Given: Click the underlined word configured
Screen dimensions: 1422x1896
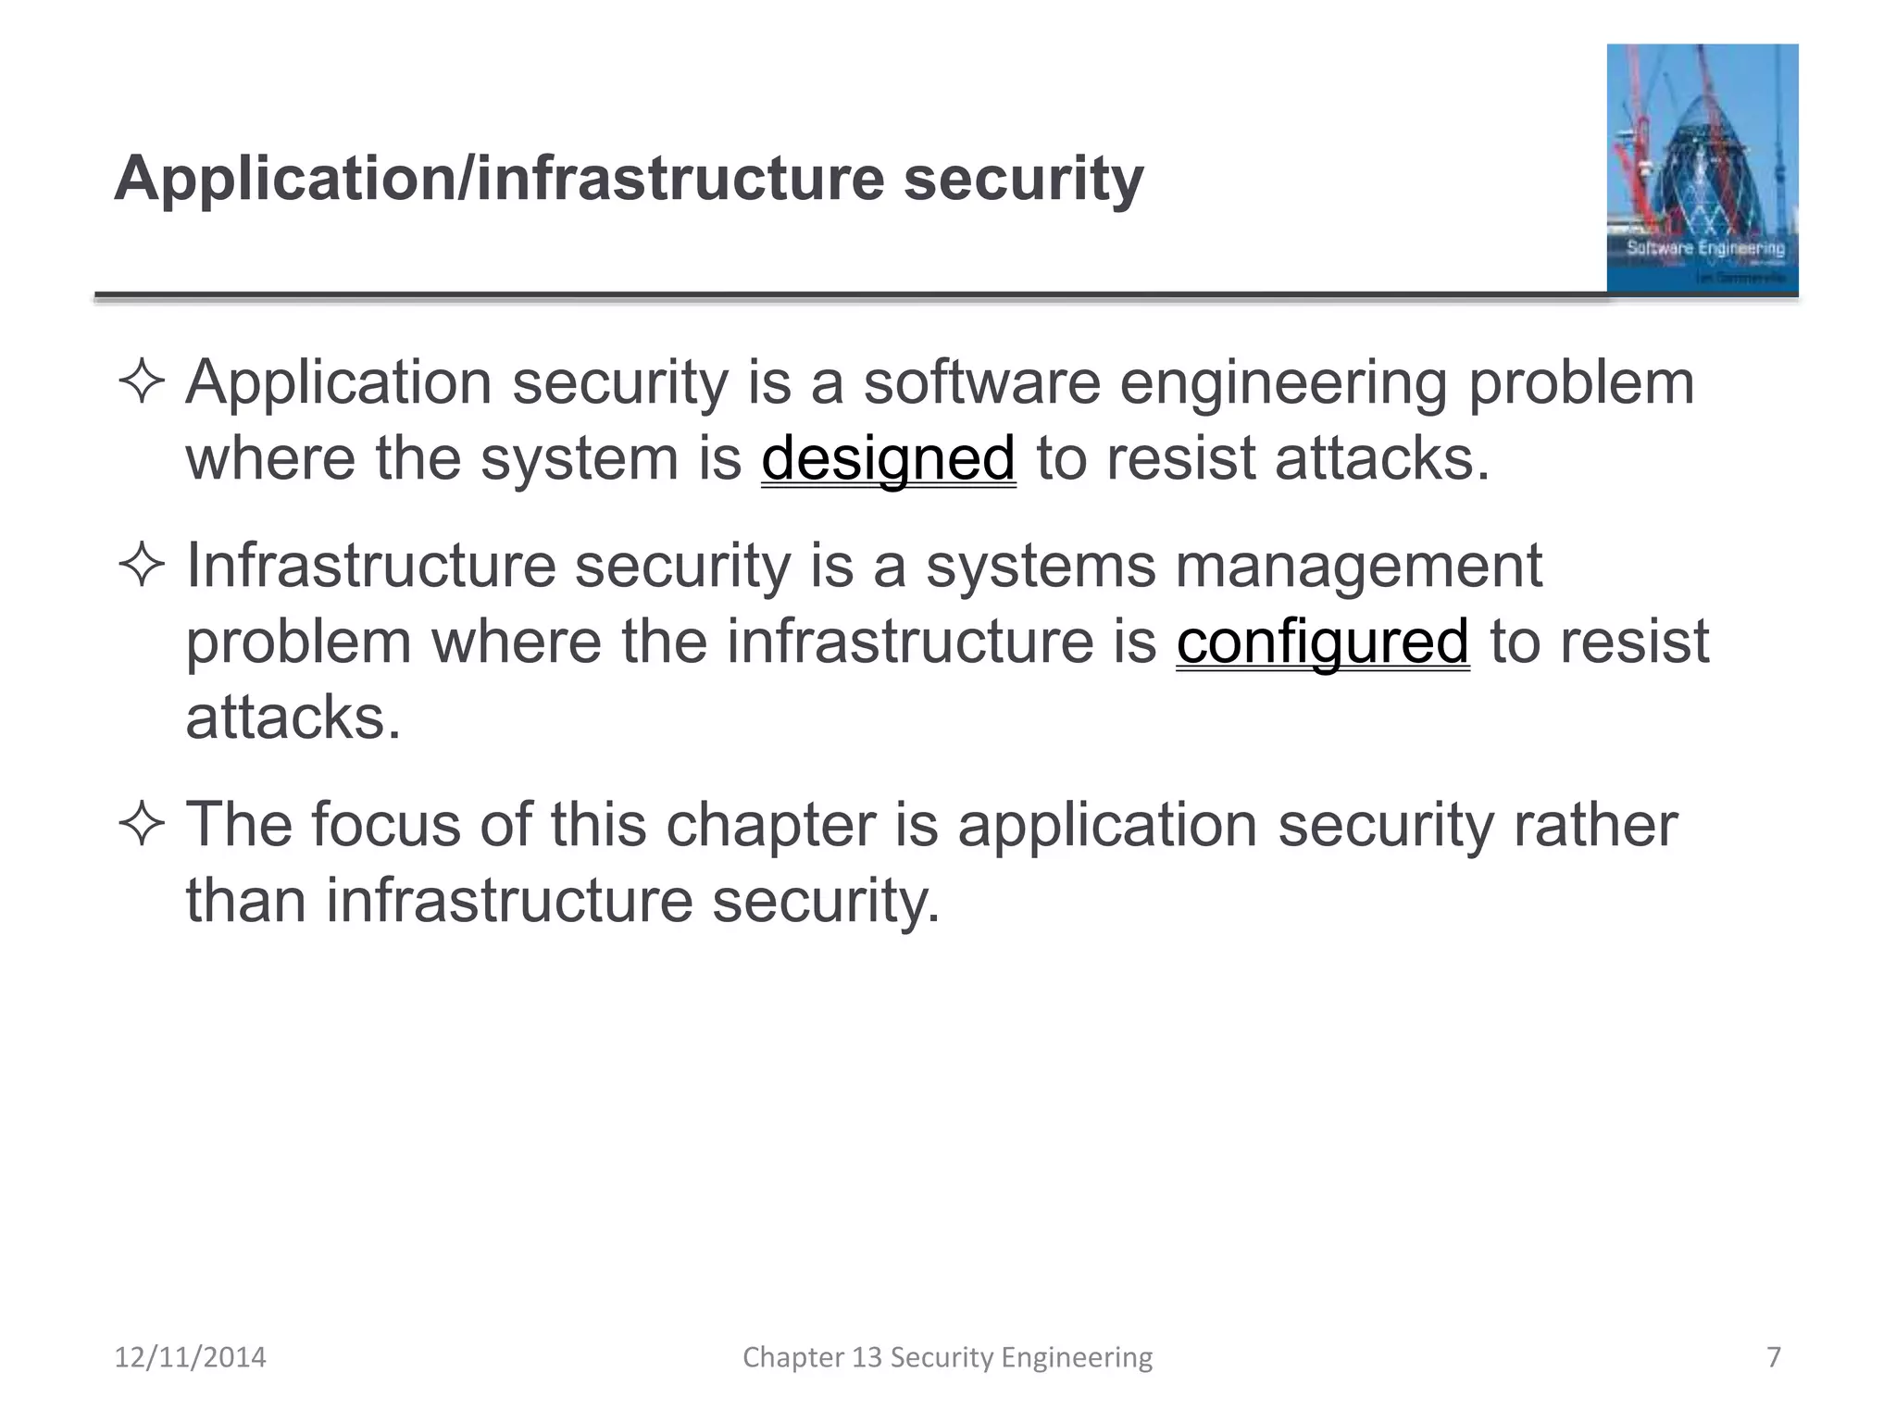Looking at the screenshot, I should click(1322, 642).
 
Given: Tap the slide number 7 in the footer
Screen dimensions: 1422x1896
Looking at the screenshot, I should click(1774, 1357).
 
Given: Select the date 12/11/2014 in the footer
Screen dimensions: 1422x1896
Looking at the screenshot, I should click(190, 1357).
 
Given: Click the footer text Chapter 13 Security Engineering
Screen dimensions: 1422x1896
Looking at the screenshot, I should click(947, 1357).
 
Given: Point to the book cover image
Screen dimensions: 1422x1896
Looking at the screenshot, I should click(1702, 168).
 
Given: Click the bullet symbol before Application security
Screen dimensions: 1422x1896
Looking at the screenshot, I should click(142, 382).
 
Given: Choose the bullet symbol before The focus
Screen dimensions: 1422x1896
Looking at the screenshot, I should click(142, 823).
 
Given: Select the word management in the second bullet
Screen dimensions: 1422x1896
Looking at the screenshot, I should click(1358, 566).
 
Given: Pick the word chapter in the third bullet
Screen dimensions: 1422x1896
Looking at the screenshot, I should click(770, 824).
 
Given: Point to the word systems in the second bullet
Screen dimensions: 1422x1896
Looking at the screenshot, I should click(1041, 568).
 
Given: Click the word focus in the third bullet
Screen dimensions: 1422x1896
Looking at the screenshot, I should click(385, 824).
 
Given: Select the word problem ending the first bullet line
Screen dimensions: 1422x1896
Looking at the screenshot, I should click(1581, 384).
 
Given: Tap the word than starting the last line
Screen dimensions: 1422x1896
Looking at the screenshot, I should click(245, 900).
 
